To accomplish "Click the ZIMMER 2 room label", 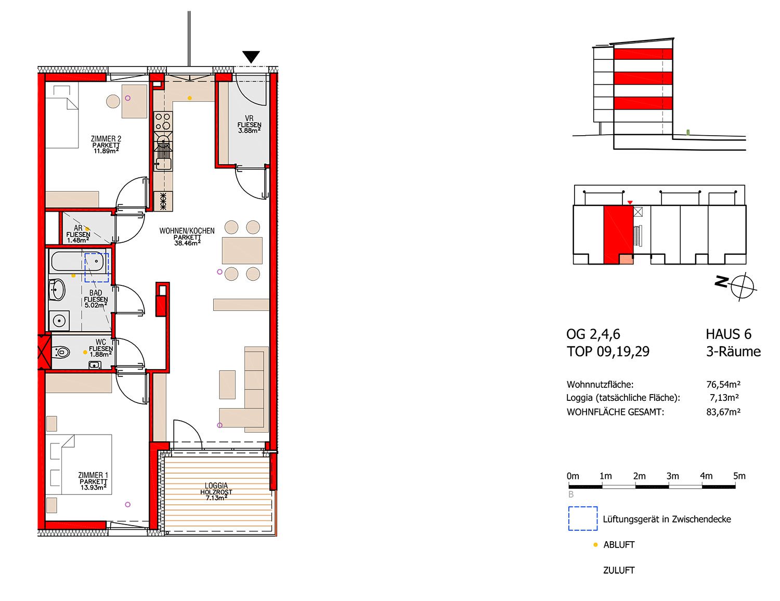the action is click(106, 138).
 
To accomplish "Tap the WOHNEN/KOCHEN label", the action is click(187, 231).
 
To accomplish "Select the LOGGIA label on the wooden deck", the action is click(216, 486).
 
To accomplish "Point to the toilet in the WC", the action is click(60, 352).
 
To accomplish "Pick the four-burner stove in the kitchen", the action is click(163, 121).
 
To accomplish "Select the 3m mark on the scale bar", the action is click(672, 476).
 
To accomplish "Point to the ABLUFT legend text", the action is click(619, 545).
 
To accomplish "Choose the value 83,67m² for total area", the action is click(723, 412).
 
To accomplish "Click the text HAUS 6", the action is click(729, 334).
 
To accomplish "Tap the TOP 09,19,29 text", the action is click(608, 351).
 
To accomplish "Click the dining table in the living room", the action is click(242, 251).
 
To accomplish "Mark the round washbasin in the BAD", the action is click(57, 290).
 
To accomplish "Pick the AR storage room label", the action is click(78, 228).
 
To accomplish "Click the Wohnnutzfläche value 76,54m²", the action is click(723, 385).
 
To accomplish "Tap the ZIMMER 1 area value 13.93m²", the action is click(93, 487).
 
